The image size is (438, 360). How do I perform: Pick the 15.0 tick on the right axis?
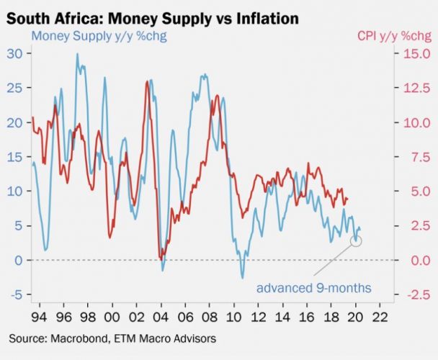(x=416, y=53)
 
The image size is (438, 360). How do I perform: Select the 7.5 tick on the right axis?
(x=416, y=156)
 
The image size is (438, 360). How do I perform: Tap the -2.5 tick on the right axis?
(x=416, y=294)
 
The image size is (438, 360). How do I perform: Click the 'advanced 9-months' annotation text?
(x=314, y=288)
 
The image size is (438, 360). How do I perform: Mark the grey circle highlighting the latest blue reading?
(x=356, y=240)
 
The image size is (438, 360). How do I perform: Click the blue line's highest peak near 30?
(x=77, y=54)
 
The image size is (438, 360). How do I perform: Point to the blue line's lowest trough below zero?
(x=243, y=278)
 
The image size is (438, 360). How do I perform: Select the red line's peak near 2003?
(x=148, y=81)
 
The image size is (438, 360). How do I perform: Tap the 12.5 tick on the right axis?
(x=416, y=88)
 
